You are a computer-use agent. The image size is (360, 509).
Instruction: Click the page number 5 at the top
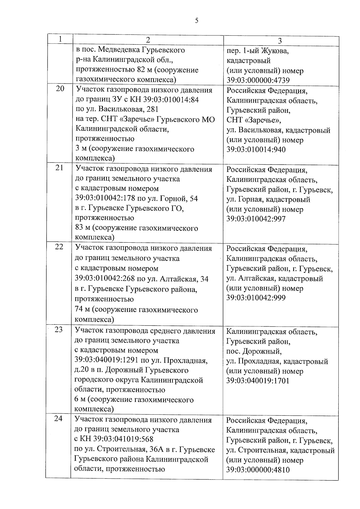(x=196, y=20)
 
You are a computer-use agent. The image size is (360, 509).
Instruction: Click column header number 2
(x=148, y=40)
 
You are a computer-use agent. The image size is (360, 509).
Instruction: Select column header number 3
(x=280, y=41)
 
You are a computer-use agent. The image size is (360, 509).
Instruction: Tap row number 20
(x=60, y=88)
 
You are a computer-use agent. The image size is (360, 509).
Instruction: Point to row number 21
(x=59, y=168)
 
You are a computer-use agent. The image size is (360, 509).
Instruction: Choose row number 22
(x=59, y=247)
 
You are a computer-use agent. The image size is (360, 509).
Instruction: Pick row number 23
(x=59, y=329)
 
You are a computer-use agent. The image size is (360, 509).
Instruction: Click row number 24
(x=58, y=418)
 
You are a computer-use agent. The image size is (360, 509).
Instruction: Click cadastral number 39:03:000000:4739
(x=258, y=80)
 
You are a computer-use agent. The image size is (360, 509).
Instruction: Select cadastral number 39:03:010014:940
(x=256, y=150)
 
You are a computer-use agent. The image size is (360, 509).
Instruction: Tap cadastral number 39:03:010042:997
(x=256, y=219)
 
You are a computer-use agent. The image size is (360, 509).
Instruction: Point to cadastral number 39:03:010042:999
(x=256, y=298)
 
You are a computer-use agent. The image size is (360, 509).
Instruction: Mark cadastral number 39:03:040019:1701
(x=258, y=381)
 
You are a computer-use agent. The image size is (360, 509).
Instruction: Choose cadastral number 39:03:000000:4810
(x=258, y=470)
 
